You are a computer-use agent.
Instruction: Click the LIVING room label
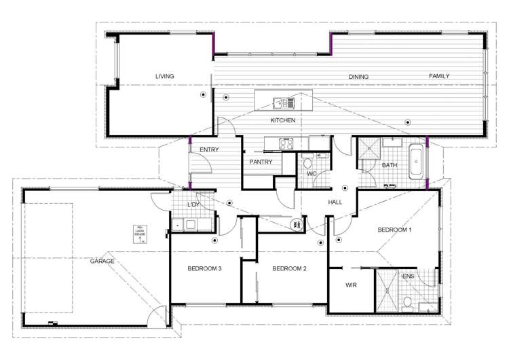164,77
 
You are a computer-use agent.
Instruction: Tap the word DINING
358,77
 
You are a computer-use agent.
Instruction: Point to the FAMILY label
439,77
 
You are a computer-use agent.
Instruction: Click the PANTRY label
261,162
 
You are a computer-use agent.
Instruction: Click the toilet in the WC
307,164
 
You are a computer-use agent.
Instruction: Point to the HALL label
335,202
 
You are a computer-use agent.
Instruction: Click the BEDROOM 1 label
395,230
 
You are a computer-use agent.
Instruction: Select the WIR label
351,285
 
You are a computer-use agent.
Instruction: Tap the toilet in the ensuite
407,302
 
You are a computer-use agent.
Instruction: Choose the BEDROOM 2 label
290,269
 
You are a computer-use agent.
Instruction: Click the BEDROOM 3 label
205,269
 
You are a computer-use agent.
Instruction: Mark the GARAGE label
102,261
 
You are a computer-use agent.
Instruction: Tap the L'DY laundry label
193,204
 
